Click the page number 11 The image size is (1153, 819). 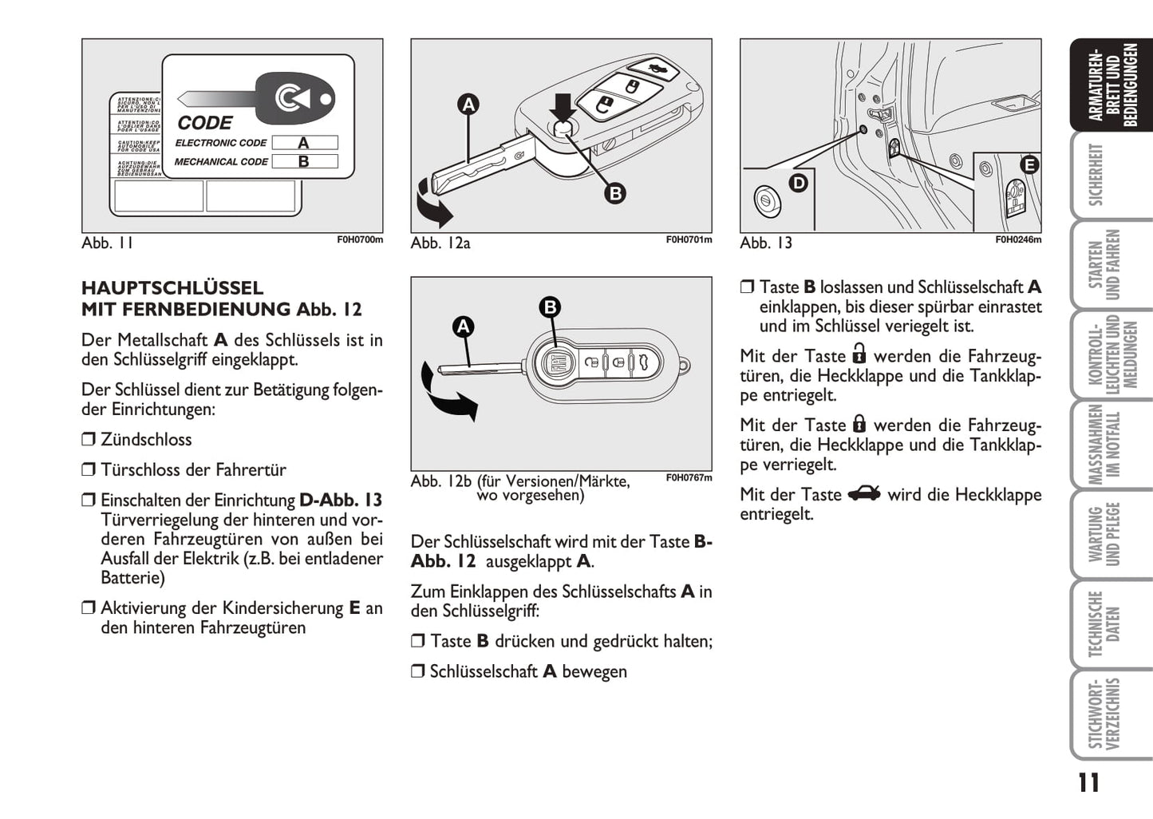(1088, 783)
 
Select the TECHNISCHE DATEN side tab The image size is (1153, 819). (1104, 623)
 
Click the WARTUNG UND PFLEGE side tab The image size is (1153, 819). (1104, 533)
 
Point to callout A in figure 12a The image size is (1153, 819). (468, 104)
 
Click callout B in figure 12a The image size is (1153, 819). (614, 193)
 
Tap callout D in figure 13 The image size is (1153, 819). (798, 183)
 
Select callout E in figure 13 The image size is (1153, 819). (1029, 165)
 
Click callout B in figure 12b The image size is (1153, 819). (550, 307)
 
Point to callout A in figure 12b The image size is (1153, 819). (463, 326)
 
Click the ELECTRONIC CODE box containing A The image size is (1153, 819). (304, 143)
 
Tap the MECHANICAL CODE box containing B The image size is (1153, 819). (304, 161)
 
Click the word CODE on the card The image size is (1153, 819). (205, 123)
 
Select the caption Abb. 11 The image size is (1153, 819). (107, 243)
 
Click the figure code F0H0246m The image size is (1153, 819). (1017, 239)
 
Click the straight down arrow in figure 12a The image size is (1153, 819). (563, 106)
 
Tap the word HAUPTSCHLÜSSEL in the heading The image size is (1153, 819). (172, 288)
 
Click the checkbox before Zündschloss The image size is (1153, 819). (88, 440)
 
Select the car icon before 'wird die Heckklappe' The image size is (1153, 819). (864, 494)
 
